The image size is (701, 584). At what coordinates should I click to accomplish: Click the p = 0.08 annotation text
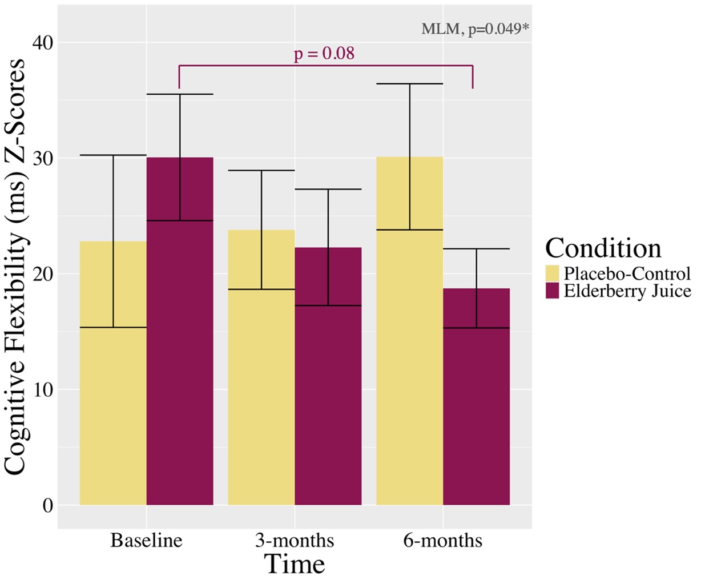point(324,54)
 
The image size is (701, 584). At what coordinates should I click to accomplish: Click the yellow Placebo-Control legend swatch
point(553,272)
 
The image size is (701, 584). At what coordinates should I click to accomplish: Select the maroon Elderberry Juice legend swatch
point(553,291)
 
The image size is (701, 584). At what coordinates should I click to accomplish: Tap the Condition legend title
point(603,248)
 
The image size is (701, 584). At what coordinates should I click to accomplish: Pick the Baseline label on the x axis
point(147,540)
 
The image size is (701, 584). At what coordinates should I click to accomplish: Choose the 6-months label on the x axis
point(443,540)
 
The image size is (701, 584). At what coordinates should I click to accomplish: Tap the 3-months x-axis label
point(295,540)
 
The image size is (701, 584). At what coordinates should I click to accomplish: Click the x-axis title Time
point(295,564)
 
